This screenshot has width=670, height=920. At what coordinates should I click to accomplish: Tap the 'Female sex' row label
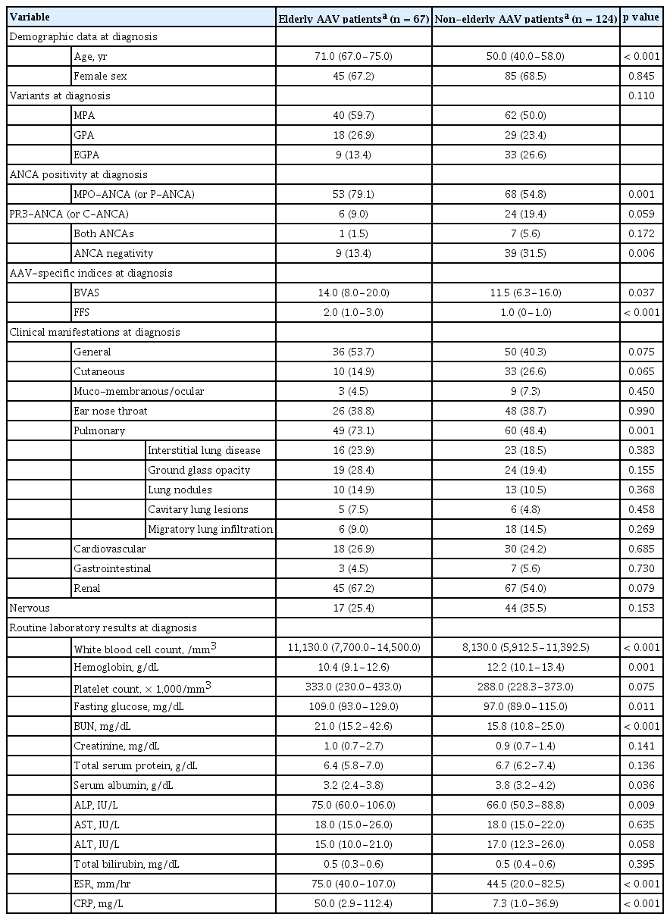coord(98,75)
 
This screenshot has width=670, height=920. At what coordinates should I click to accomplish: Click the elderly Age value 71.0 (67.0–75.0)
coord(354,55)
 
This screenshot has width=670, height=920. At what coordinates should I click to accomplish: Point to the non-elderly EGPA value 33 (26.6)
coord(526,154)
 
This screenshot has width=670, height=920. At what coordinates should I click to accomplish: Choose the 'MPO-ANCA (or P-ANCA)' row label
coord(134,193)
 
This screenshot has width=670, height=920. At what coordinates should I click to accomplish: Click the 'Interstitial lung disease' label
coord(204,450)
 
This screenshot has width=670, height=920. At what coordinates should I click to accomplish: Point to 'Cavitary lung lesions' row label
coord(198,509)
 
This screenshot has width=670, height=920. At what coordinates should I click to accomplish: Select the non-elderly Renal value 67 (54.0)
coord(526,588)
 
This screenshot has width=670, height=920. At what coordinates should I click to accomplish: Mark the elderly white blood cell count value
coord(354,647)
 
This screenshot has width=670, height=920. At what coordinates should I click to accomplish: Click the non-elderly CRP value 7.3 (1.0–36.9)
coord(526,903)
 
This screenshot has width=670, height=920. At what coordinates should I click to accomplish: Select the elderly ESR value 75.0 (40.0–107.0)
coord(354,884)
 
